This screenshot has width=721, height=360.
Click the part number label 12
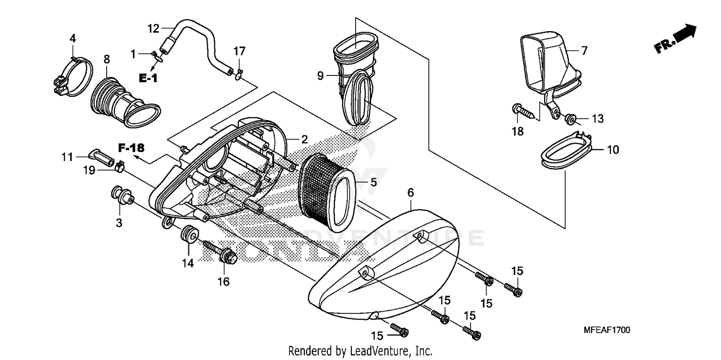click(x=153, y=28)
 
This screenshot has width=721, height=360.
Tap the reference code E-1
click(x=148, y=78)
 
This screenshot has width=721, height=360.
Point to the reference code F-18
click(x=132, y=147)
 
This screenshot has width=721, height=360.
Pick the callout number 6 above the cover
click(x=410, y=192)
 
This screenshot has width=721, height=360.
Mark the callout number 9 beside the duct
click(x=320, y=75)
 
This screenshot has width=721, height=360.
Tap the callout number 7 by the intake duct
click(x=584, y=50)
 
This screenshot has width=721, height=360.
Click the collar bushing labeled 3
click(x=122, y=197)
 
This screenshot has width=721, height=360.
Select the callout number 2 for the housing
click(x=304, y=139)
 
